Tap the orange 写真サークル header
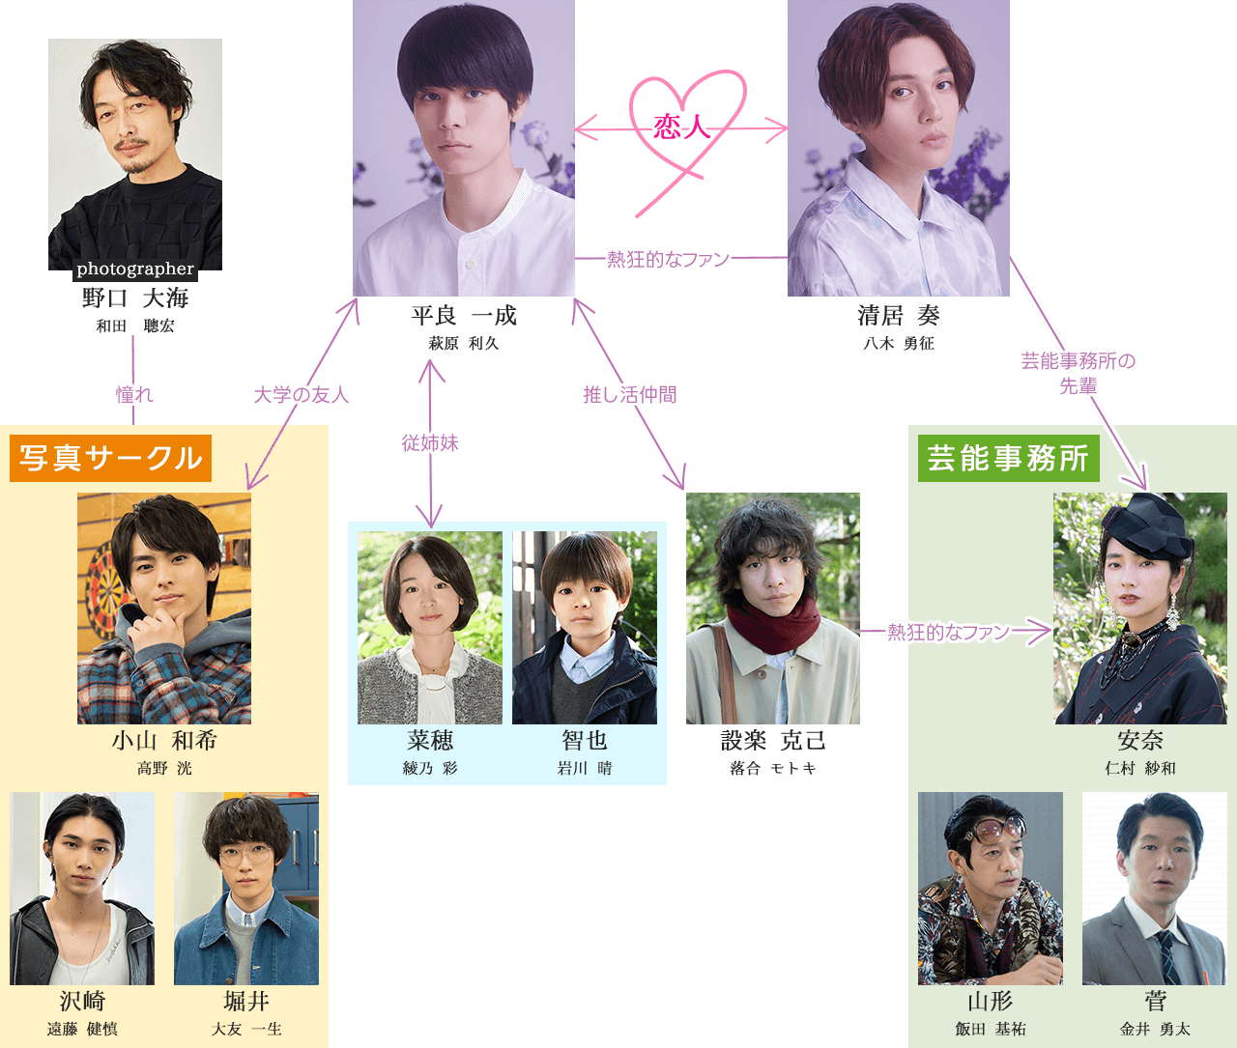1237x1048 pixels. coord(110,458)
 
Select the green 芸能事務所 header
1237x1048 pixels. coord(1008,458)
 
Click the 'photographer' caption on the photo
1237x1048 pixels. coord(135,269)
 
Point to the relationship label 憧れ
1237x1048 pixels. coord(134,394)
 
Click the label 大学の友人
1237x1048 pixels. coord(301,395)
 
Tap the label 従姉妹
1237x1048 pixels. coord(430,443)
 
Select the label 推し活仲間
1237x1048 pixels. coord(629,395)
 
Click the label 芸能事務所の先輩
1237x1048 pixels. coord(1079,373)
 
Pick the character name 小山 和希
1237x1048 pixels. coord(164,741)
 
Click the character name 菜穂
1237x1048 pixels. coord(430,741)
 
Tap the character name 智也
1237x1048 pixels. coord(585,741)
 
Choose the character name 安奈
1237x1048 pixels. coord(1140,741)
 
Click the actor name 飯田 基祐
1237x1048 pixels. coord(991,1029)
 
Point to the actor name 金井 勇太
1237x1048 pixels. coord(1155,1029)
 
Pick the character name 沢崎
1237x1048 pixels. coord(82,1002)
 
